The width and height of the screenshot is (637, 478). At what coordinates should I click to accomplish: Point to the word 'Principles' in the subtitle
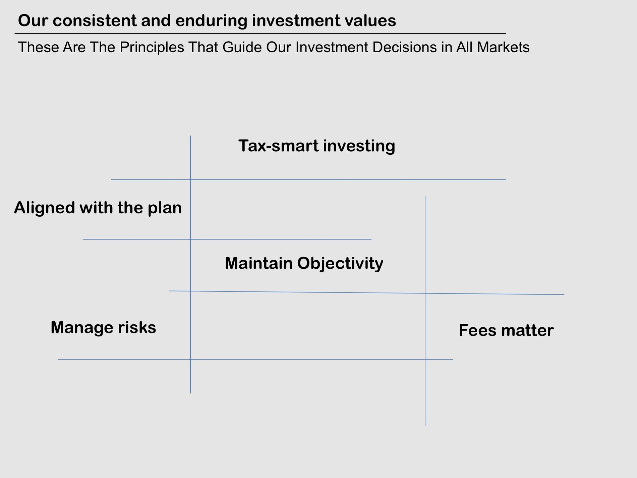point(152,47)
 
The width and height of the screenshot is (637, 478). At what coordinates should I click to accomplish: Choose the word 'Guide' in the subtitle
point(242,47)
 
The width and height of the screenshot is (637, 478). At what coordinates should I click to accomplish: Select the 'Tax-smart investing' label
point(317,146)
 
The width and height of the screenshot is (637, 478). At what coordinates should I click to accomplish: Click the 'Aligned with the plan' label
point(98,208)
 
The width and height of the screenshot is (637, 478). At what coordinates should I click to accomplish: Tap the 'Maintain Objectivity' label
point(304,263)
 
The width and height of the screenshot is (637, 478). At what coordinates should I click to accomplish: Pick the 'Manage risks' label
point(103,327)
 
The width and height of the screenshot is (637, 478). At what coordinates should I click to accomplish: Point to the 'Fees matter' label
point(506,330)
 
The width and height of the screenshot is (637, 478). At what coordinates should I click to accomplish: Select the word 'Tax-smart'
point(279,146)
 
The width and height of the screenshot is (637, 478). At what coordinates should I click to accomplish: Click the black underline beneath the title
point(260,34)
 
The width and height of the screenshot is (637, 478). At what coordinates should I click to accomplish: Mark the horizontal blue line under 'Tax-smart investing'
point(308,180)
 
